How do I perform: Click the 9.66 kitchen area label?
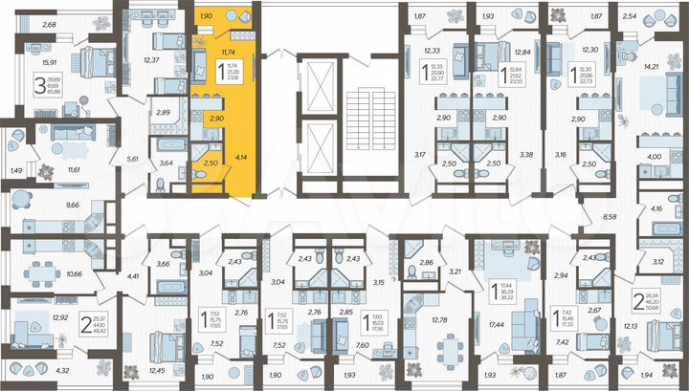(x=46, y=204)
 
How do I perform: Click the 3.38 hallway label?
(x=525, y=153)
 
